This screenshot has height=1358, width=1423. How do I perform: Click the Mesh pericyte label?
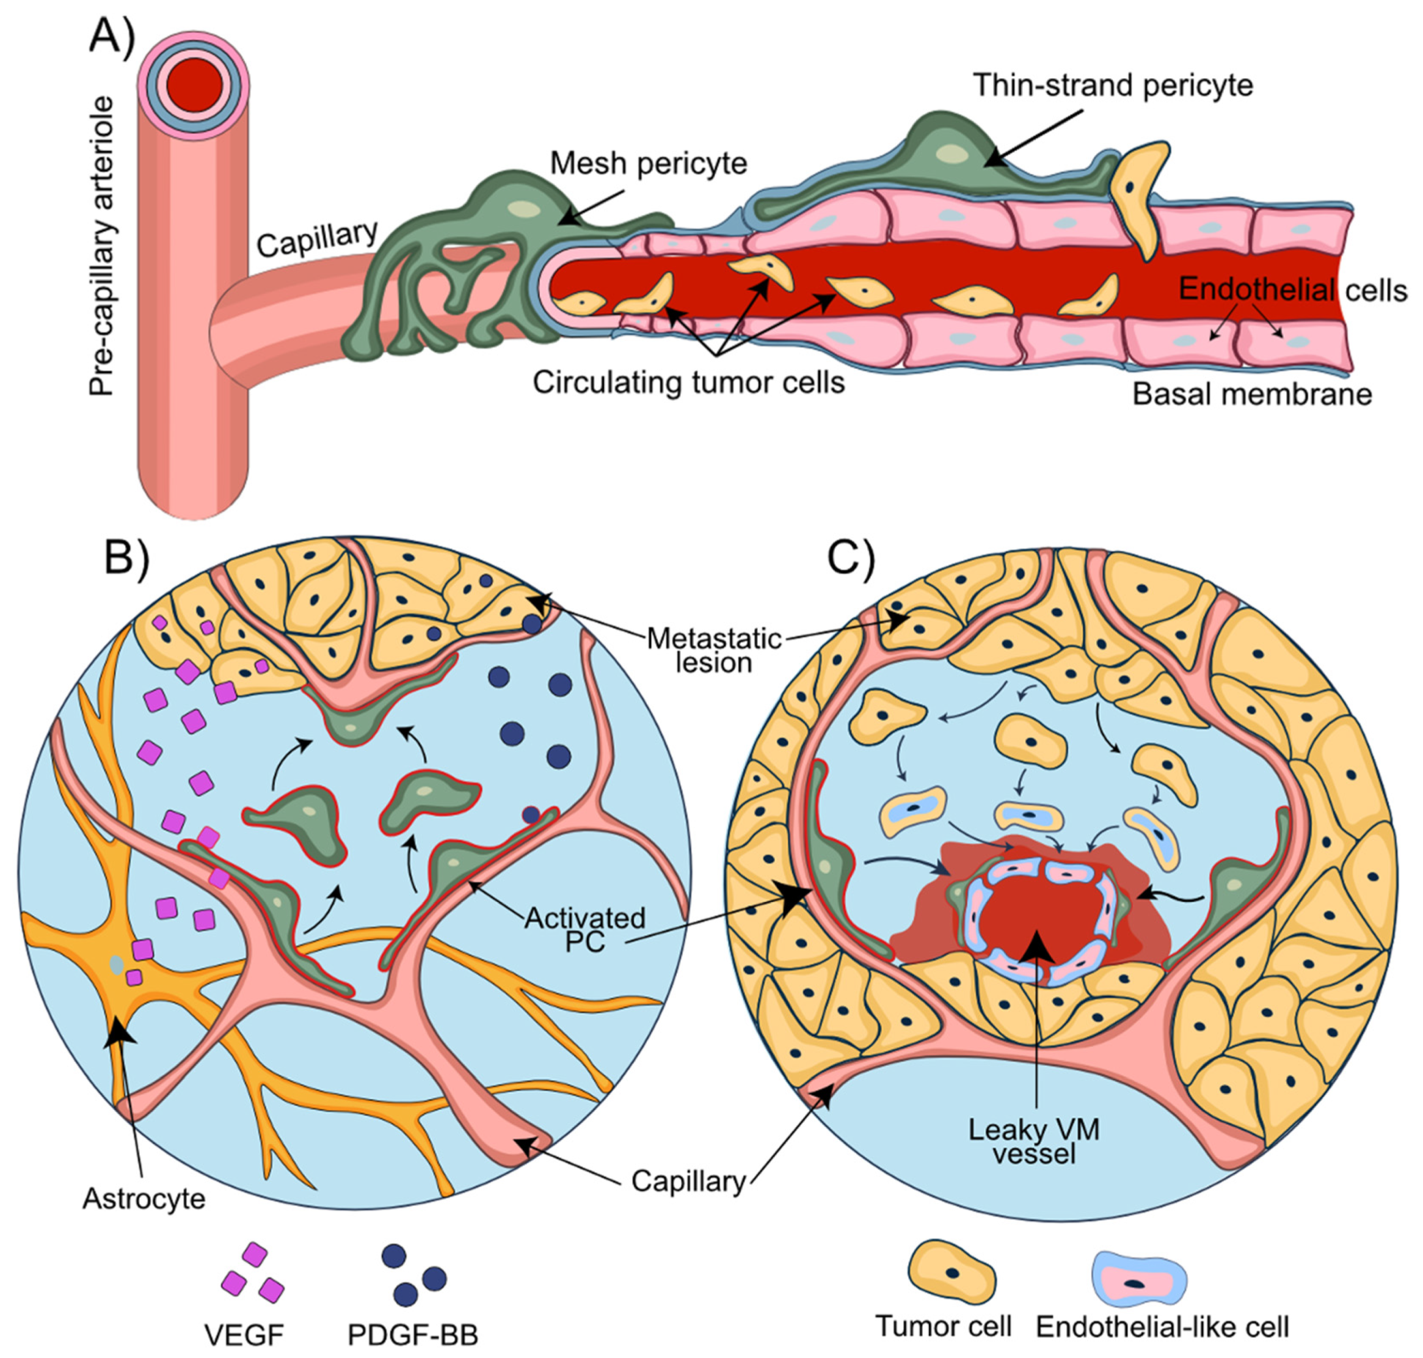click(x=648, y=164)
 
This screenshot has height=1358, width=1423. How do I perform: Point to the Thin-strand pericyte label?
click(x=1113, y=86)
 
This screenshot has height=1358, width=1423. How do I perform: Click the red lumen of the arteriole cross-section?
click(x=194, y=86)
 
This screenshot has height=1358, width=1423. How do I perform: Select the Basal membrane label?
click(x=1251, y=395)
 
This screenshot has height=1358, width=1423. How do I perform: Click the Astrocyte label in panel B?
click(x=144, y=1199)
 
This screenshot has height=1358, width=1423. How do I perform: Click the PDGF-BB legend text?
click(x=413, y=1335)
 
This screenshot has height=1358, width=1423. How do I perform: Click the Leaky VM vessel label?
click(x=1035, y=1141)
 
